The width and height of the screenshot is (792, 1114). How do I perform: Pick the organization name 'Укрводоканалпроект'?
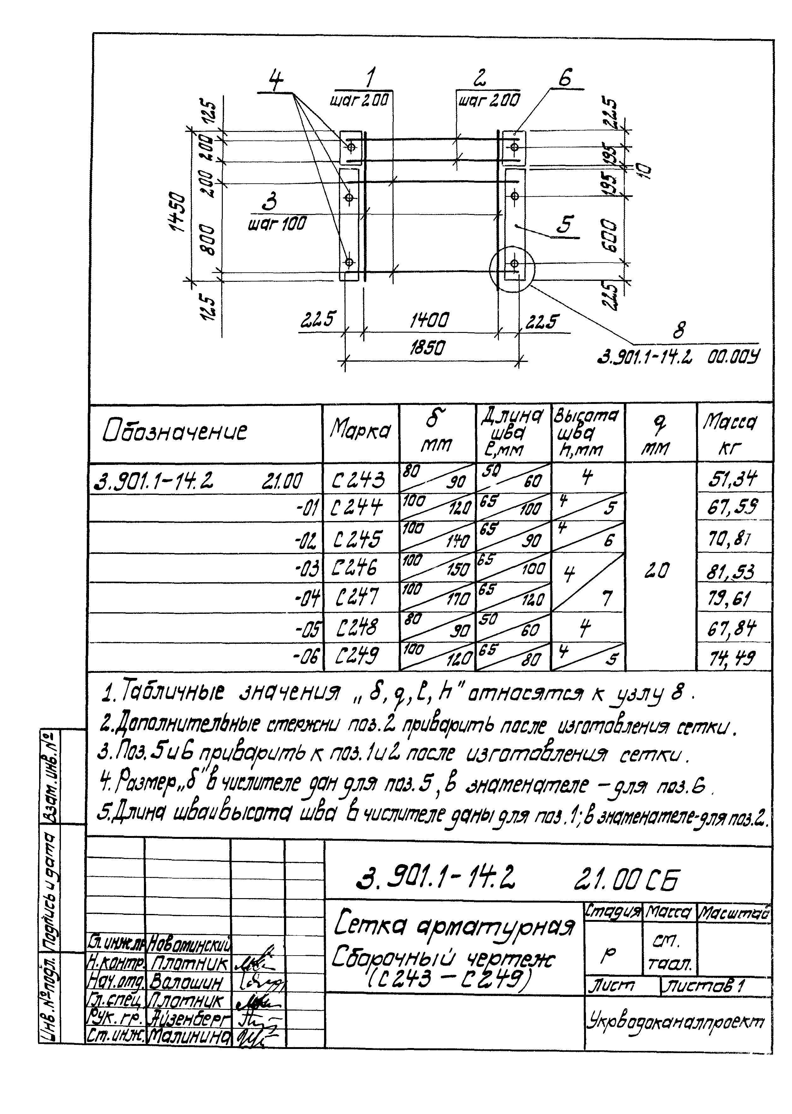(x=676, y=1022)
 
